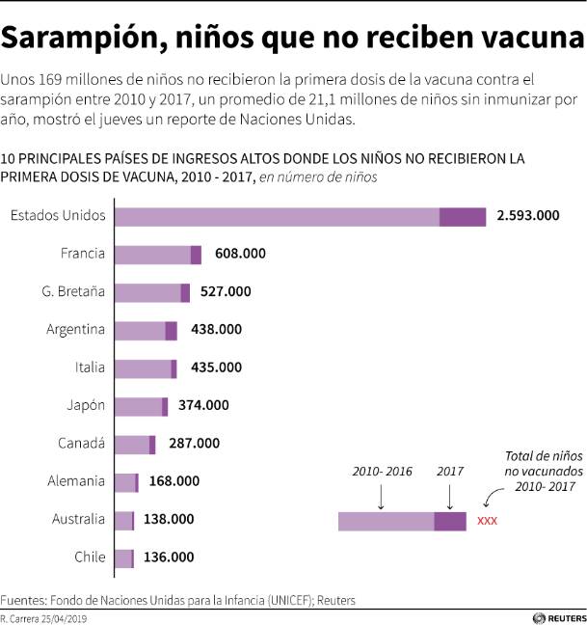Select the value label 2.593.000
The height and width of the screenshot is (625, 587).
click(x=527, y=217)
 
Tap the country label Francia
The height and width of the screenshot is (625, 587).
click(x=82, y=254)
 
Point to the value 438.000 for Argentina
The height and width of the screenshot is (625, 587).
click(x=217, y=330)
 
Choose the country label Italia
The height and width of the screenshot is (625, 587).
click(x=90, y=367)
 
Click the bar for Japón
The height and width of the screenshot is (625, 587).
click(x=141, y=406)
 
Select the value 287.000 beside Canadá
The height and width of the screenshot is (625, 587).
click(x=194, y=444)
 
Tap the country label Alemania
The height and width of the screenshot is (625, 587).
click(x=76, y=481)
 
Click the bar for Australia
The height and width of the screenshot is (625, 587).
click(x=124, y=520)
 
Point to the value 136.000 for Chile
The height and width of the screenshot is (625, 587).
click(x=168, y=557)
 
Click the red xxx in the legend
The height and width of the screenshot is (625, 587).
click(x=487, y=522)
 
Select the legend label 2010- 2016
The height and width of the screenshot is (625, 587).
click(x=382, y=472)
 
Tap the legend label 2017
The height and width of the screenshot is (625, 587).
click(x=450, y=472)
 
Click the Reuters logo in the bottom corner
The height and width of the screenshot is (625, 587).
click(x=558, y=617)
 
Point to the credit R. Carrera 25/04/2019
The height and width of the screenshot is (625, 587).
click(x=44, y=617)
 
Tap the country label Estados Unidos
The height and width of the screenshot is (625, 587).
click(x=58, y=216)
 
